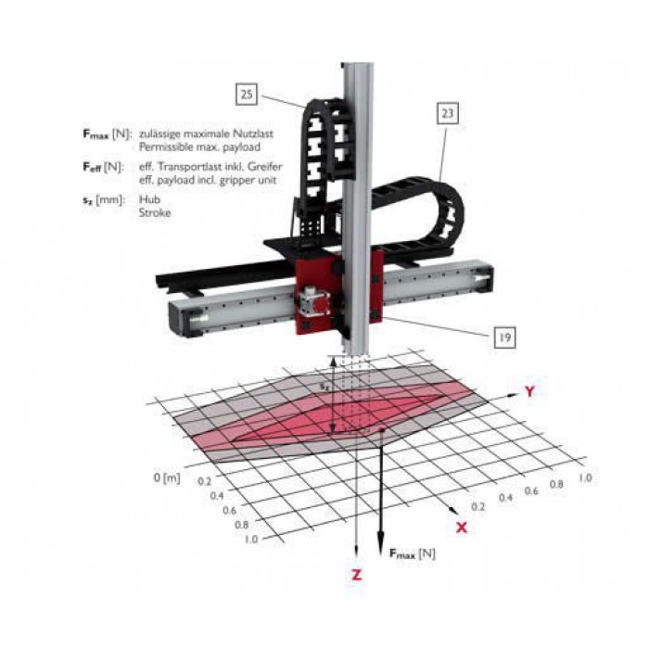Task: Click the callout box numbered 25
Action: (247, 94)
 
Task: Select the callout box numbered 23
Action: (448, 113)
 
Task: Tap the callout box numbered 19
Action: (505, 337)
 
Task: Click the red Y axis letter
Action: (529, 391)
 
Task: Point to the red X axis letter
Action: (462, 528)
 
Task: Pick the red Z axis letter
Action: (356, 575)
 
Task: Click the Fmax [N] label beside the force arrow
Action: (413, 554)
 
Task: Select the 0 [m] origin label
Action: (167, 477)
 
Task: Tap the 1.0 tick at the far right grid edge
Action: (585, 477)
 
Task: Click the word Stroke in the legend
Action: (155, 212)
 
